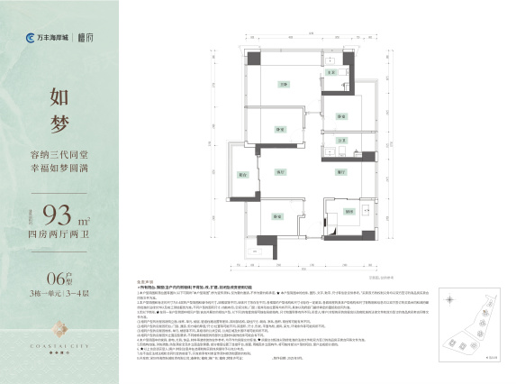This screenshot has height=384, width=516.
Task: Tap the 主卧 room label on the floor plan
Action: point(282,84)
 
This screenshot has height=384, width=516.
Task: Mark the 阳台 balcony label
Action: point(242,174)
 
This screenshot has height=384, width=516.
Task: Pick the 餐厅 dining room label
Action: point(342,171)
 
